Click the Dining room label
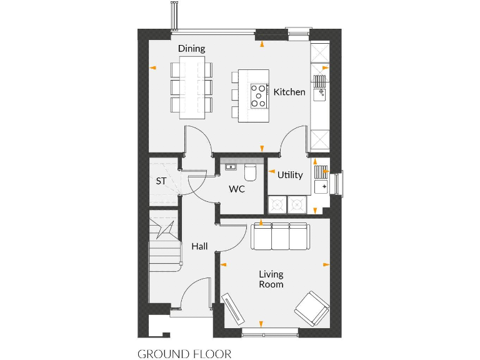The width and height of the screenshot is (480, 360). click(x=191, y=49)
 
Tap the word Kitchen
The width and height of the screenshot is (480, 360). click(x=289, y=92)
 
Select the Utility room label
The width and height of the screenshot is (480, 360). click(x=290, y=175)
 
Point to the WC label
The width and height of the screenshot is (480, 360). click(x=236, y=189)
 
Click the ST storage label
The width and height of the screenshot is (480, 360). click(x=161, y=182)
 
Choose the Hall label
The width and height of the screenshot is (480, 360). click(x=199, y=247)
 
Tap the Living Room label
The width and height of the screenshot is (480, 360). click(x=271, y=279)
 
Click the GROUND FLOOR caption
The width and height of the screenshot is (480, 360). click(x=184, y=354)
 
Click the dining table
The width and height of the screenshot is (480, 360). click(x=192, y=87)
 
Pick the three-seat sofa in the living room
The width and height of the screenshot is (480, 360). click(x=279, y=236)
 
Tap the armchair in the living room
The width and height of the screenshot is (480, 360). click(x=312, y=307)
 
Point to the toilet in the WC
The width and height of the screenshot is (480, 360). click(x=251, y=171)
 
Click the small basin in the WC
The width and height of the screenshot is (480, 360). click(x=230, y=167)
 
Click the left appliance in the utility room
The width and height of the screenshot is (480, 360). click(x=276, y=204)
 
